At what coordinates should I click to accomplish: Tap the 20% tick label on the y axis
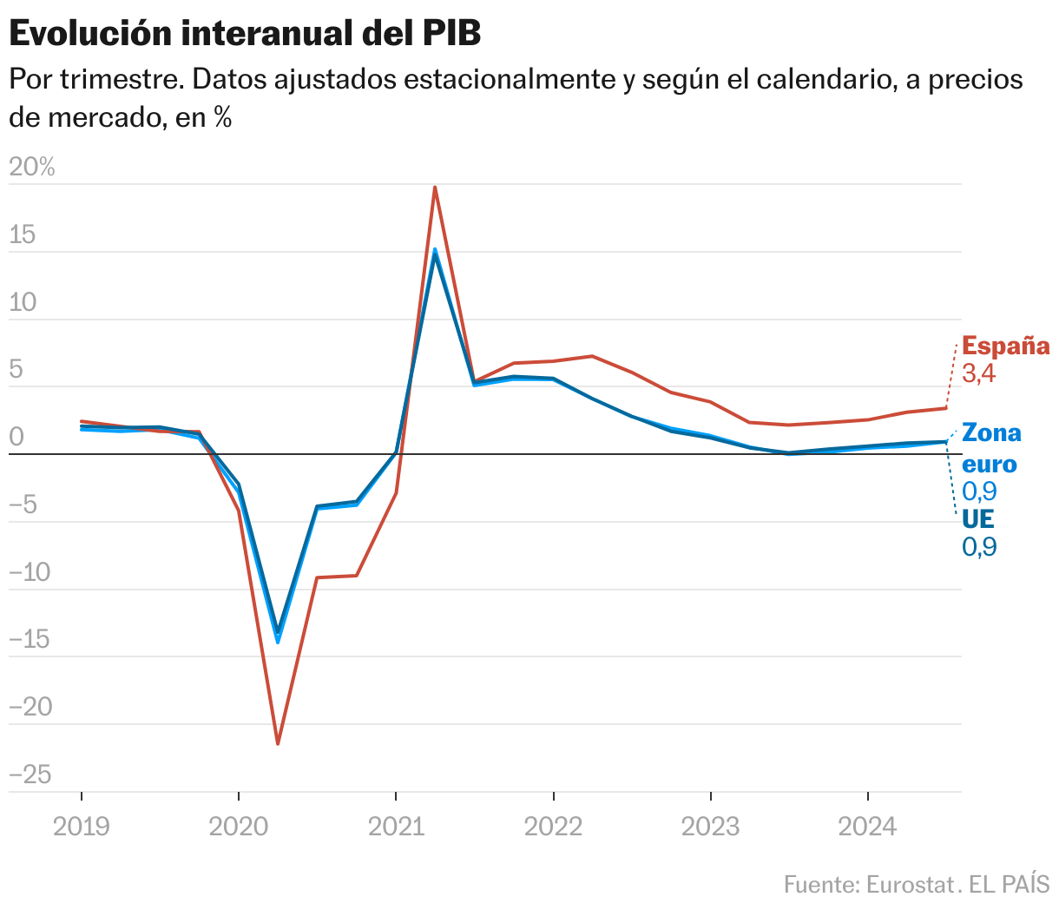coord(32,168)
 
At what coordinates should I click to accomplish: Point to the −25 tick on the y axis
coord(30,775)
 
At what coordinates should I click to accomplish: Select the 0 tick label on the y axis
coord(16,438)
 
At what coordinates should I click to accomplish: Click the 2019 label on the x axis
coord(82,827)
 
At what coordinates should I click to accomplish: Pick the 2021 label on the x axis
coord(396,827)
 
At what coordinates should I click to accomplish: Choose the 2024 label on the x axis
coord(867,827)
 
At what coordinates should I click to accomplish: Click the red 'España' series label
coord(1006,346)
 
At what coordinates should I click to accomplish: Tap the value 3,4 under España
coord(979,374)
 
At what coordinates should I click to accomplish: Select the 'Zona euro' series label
coord(991,447)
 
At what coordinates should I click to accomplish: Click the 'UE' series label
coord(978,519)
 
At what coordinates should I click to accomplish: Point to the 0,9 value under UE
coord(979,547)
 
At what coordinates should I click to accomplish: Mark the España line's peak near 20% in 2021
coord(434,188)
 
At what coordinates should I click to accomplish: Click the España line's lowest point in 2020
coord(278,743)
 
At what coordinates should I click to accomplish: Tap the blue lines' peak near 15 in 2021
coord(434,251)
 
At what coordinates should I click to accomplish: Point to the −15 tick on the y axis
coord(30,640)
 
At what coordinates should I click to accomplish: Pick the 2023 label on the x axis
coord(710,827)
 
